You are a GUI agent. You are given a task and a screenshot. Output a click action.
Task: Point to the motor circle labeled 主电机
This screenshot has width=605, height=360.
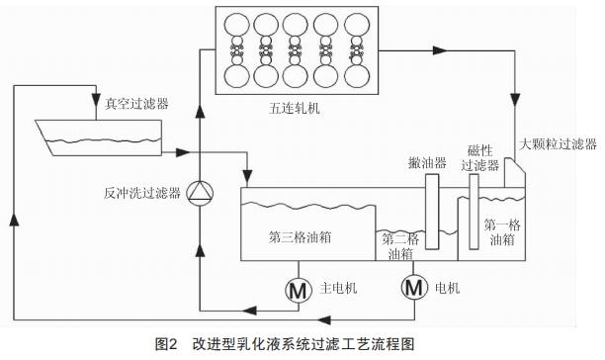(x=297, y=291)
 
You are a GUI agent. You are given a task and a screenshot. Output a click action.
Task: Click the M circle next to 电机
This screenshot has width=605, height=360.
(x=413, y=289)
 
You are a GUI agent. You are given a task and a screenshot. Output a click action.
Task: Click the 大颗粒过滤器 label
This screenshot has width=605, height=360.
(x=559, y=144)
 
